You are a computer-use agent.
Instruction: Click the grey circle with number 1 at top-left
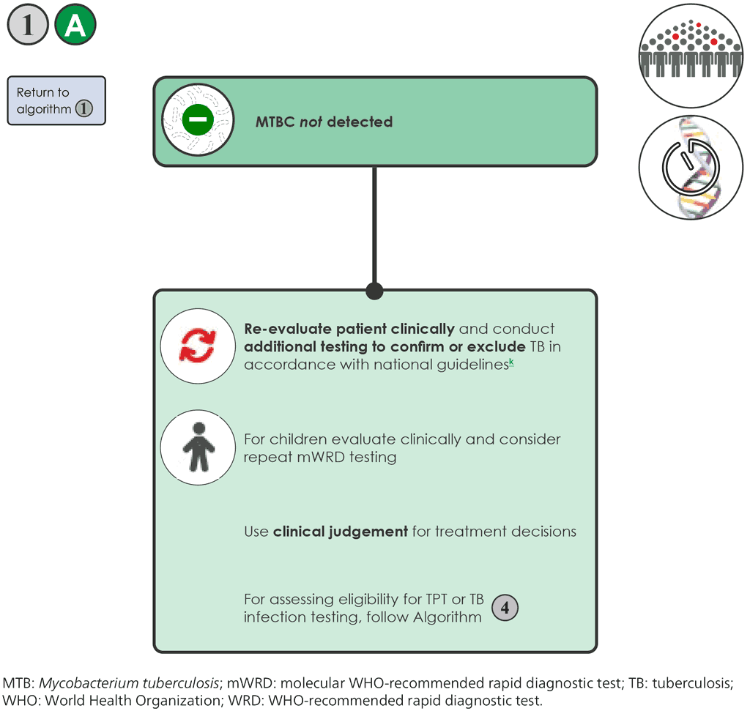(x=28, y=26)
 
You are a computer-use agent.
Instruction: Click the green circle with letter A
(x=75, y=26)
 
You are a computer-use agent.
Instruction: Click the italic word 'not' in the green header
(x=311, y=122)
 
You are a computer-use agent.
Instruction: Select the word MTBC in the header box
(x=275, y=122)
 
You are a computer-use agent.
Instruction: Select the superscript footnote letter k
(x=511, y=362)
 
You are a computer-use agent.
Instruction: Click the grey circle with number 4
(x=505, y=608)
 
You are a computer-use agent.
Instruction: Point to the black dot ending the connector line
(x=374, y=291)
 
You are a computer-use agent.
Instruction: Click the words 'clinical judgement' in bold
(x=340, y=531)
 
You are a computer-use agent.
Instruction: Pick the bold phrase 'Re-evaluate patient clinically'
(x=349, y=329)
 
